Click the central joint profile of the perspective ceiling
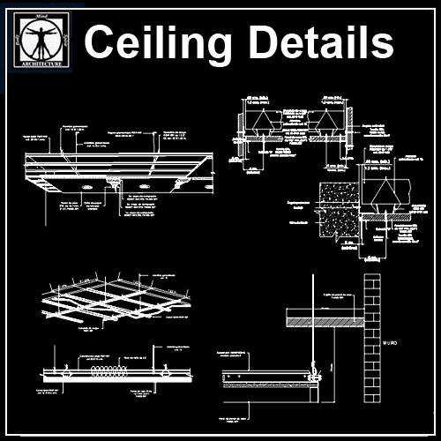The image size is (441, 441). [x=116, y=183]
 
